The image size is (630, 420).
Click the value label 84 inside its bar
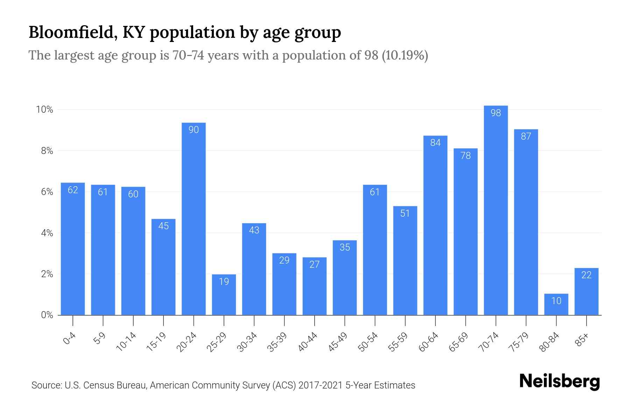pos(435,142)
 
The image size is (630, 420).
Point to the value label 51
pos(405,213)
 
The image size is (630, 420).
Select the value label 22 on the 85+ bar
pos(586,275)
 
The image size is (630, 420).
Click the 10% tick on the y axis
pos(44,110)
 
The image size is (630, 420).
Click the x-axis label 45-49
pos(338,342)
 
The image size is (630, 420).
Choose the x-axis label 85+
pos(582,340)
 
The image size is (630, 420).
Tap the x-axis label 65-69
pos(459,342)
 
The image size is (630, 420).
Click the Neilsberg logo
pos(559,381)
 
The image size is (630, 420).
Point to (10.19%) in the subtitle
pos(405,55)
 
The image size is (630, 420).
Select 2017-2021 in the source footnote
pos(320,385)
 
